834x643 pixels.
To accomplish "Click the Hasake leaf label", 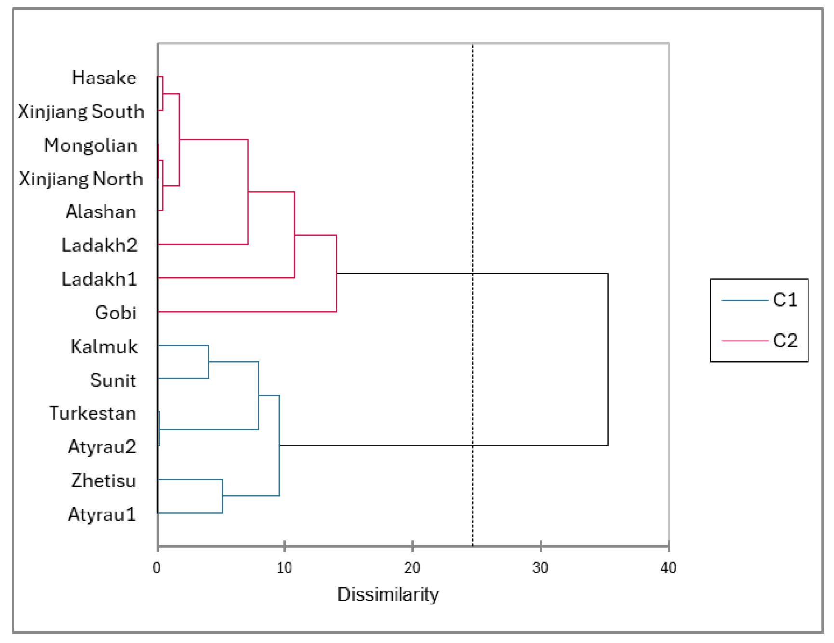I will pos(104,78).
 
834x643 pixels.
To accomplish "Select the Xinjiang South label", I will pos(81,111).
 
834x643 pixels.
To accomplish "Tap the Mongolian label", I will pos(91,145).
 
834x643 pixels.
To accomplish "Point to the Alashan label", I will pos(101,211).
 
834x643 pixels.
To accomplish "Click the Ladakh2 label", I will pos(99,245).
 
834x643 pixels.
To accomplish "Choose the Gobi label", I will pos(116,313).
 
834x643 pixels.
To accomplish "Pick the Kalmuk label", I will pos(104,346).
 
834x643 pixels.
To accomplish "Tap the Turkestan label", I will pos(93,413).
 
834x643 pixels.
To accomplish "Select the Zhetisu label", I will pos(104,480).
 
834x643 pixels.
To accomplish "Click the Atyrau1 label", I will pos(102,514).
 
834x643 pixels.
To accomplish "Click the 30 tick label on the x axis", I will pos(540,568).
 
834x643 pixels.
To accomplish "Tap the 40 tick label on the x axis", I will pos(668,568).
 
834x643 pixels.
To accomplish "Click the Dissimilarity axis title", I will pos(388,594).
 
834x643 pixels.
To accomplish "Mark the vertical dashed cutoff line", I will pos(473,169).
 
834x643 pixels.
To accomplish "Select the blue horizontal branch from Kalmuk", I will pos(183,345).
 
